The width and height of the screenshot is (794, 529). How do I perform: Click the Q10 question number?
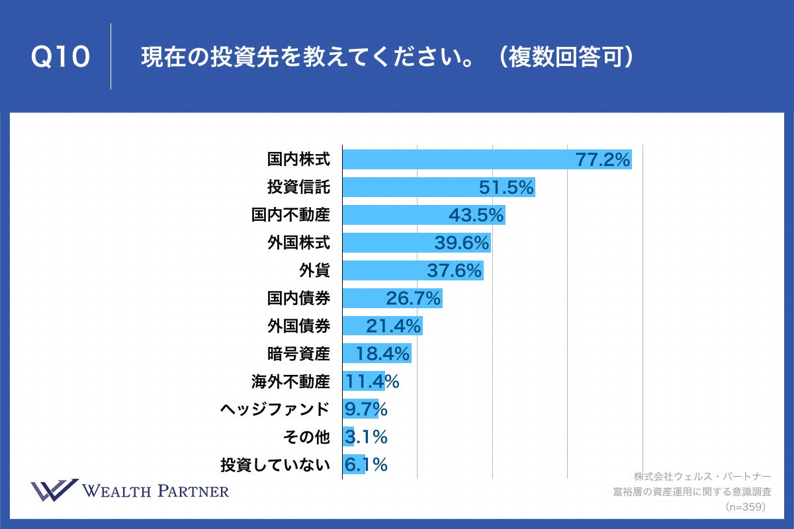pyautogui.click(x=60, y=58)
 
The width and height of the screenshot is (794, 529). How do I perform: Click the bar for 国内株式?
pyautogui.click(x=457, y=159)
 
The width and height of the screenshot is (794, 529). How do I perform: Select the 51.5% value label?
pyautogui.click(x=506, y=188)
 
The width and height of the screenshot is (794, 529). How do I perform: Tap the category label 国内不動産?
pyautogui.click(x=290, y=215)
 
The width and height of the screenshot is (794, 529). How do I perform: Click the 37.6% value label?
pyautogui.click(x=456, y=271)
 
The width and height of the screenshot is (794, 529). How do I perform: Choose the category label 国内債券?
pyautogui.click(x=298, y=298)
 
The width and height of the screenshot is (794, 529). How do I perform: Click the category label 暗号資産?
pyautogui.click(x=298, y=354)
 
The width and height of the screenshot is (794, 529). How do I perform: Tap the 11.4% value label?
pyautogui.click(x=371, y=382)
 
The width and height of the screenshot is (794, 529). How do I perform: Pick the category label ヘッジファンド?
pyautogui.click(x=275, y=409)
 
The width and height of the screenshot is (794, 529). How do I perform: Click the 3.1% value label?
pyautogui.click(x=365, y=437)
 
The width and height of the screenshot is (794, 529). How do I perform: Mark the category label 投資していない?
pyautogui.click(x=275, y=465)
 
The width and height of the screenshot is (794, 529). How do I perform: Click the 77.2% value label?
pyautogui.click(x=603, y=159)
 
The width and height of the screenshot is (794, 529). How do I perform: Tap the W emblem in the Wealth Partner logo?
pyautogui.click(x=54, y=491)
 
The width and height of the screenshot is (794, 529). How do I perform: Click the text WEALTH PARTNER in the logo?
pyautogui.click(x=155, y=491)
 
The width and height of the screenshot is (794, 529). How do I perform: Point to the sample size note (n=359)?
pyautogui.click(x=745, y=507)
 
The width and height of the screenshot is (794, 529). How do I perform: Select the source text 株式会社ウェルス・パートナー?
pyautogui.click(x=702, y=476)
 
